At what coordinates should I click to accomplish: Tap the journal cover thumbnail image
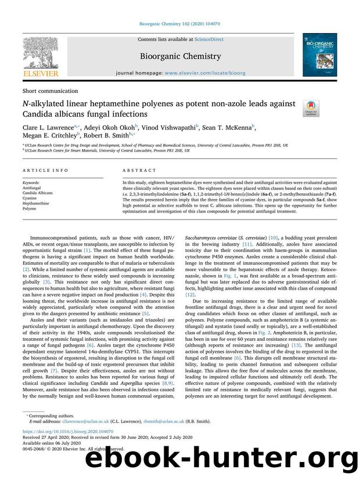[x=319, y=54]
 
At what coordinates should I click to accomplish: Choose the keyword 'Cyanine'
[x=31, y=198]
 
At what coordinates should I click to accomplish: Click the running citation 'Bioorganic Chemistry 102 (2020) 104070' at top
[x=179, y=24]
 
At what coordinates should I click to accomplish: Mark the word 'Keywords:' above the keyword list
[x=33, y=182]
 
